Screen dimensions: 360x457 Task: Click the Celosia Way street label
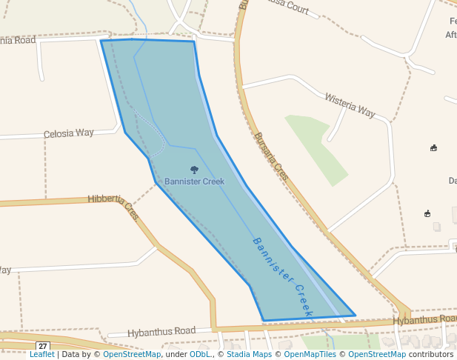[69, 133]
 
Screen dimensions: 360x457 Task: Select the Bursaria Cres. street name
[270, 156]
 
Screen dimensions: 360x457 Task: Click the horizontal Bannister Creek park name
[194, 181]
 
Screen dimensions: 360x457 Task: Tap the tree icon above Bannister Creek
[194, 170]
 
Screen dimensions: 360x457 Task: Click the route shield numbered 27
[43, 346]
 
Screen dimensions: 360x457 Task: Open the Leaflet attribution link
[41, 355]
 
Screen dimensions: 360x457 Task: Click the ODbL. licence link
[200, 355]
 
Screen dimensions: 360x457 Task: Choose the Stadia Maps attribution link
[247, 355]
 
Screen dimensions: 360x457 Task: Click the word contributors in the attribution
[431, 355]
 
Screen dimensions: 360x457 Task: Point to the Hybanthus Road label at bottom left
[161, 331]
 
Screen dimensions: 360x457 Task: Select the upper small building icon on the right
[433, 148]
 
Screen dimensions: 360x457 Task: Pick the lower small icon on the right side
[427, 214]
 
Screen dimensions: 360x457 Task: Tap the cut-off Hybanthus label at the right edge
[424, 320]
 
